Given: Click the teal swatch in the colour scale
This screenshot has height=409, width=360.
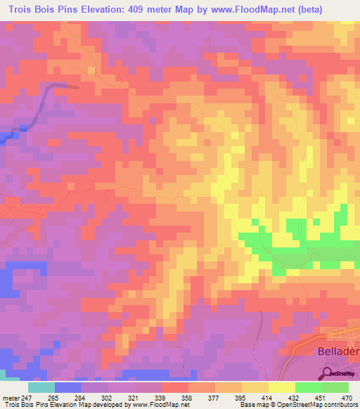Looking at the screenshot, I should tap(41, 387).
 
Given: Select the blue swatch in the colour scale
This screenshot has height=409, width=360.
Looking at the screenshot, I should tap(68, 387).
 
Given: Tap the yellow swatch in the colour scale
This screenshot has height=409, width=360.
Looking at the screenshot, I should tap(281, 387).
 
